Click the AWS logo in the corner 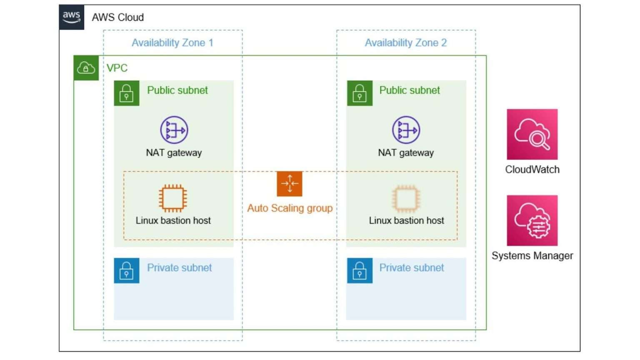(x=71, y=17)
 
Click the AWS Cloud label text (x=118, y=17)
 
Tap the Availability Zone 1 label (x=172, y=42)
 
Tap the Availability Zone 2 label (x=406, y=42)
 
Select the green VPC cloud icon (x=86, y=67)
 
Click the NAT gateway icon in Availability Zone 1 (x=174, y=130)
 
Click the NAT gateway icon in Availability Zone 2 (x=406, y=130)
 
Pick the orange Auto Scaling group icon (x=290, y=184)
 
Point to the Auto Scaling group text (x=290, y=208)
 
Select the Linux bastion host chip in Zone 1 (x=173, y=198)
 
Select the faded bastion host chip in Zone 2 (x=406, y=198)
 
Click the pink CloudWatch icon (x=532, y=134)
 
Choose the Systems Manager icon (x=532, y=220)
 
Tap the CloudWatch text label (x=532, y=170)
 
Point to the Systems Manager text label (x=532, y=255)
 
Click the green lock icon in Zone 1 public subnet (x=127, y=93)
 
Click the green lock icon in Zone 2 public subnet (x=360, y=93)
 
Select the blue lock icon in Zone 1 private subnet (x=127, y=270)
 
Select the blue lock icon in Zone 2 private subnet (x=360, y=270)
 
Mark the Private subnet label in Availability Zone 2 (x=412, y=267)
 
